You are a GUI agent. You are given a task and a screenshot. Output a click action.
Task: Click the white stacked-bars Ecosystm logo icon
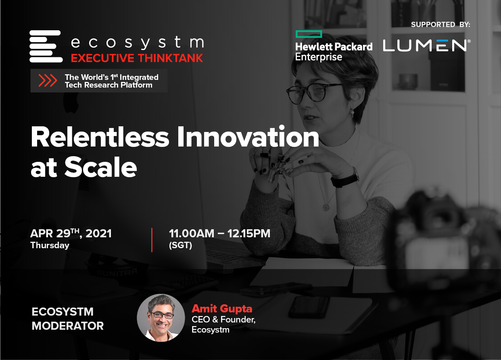coord(46,46)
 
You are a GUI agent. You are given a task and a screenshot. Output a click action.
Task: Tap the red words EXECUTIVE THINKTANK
coord(137,58)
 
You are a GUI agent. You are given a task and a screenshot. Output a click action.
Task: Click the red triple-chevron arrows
coord(48,80)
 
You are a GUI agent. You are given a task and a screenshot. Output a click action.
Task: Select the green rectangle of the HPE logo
coord(309,34)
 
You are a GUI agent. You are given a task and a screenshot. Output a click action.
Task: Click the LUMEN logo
coord(427,46)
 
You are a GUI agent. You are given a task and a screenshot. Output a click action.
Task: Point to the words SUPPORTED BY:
coord(440,24)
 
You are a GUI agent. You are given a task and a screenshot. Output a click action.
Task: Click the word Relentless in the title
coord(100,137)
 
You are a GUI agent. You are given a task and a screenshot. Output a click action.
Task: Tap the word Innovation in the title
coord(248,136)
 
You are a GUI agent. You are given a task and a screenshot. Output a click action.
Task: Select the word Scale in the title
coord(101,167)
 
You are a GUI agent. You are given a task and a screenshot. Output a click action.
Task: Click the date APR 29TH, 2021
coord(71,233)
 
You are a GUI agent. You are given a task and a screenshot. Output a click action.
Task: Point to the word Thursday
coord(50,245)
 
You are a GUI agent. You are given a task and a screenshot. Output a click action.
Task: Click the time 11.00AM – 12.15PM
coord(219,234)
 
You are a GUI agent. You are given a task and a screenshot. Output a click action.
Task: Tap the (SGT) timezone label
coord(180,245)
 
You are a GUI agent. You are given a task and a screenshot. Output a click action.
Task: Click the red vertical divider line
coord(152,240)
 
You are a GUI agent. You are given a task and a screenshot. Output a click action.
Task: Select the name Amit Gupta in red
coord(222,308)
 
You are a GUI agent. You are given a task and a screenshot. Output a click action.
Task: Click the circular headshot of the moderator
coord(161,318)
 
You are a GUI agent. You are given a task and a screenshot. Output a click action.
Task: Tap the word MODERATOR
coord(68,326)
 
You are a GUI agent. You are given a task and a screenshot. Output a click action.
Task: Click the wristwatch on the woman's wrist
coord(346,178)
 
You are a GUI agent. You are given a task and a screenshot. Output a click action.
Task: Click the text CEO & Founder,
coord(223,320)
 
